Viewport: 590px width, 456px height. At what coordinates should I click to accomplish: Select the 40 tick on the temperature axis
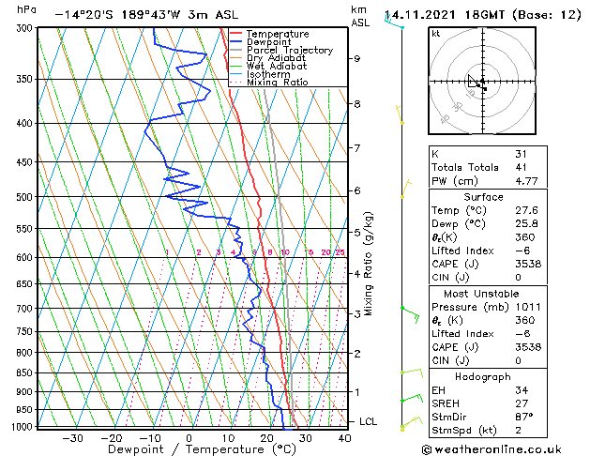click(x=345, y=437)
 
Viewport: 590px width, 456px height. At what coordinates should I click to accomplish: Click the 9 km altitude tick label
click(x=357, y=58)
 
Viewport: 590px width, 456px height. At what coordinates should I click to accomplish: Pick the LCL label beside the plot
click(x=368, y=422)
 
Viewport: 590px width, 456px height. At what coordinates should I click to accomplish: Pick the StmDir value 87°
click(x=523, y=416)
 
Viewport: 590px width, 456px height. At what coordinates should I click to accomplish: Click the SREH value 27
click(x=522, y=403)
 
